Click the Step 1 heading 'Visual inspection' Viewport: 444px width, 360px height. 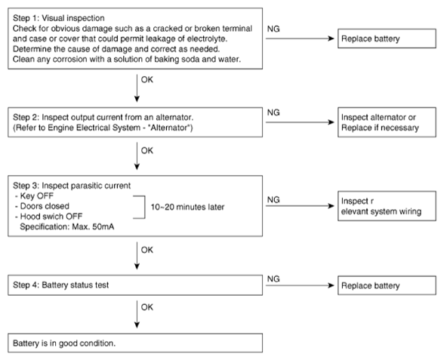(x=73, y=18)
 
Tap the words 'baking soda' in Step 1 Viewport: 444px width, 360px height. (x=180, y=60)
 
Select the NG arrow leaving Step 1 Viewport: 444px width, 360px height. (x=301, y=38)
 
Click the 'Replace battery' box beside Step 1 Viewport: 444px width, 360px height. (x=387, y=38)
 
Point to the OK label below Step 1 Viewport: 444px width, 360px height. (x=147, y=80)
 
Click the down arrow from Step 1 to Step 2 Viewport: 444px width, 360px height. (x=137, y=88)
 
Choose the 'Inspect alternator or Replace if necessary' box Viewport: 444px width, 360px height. (x=387, y=122)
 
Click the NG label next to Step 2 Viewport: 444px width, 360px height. (x=273, y=112)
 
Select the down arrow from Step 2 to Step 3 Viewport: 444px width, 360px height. (x=137, y=156)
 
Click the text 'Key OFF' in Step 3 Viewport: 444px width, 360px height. (x=37, y=196)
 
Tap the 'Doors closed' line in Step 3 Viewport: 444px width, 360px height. (x=45, y=206)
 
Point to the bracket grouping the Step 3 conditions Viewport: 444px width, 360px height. (x=145, y=207)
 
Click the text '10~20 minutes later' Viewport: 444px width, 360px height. (x=187, y=207)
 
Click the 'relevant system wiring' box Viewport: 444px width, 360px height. (x=387, y=206)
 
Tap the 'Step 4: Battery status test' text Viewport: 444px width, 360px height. (x=60, y=285)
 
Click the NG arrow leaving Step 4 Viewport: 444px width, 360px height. (x=301, y=285)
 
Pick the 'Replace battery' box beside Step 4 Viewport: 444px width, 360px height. (x=387, y=285)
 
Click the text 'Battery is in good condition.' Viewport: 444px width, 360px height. (x=64, y=343)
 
